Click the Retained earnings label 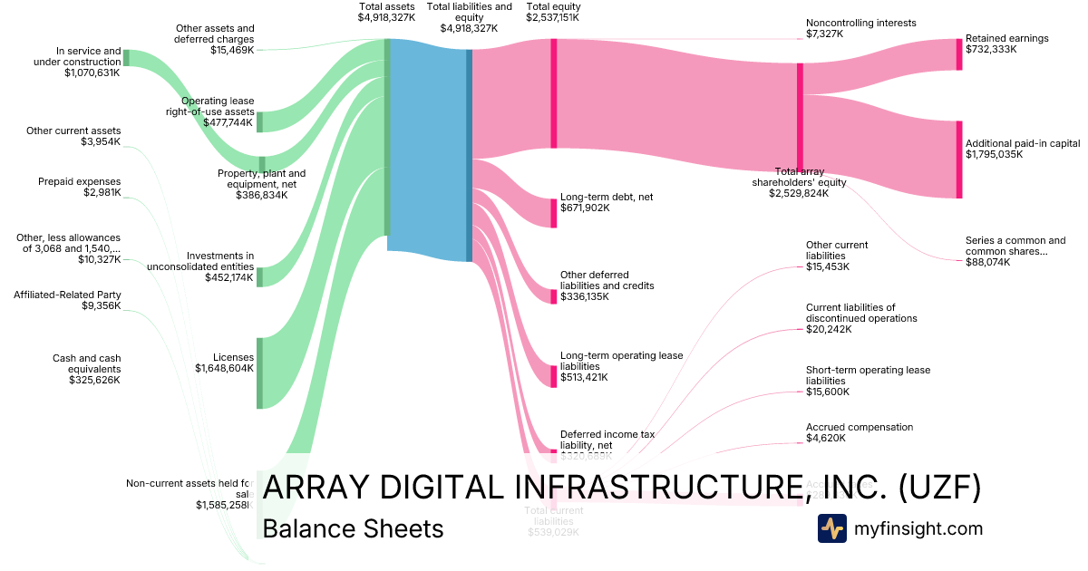pos(1006,39)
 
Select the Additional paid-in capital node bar pos(959,160)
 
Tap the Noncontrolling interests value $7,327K pos(824,34)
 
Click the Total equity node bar pos(553,93)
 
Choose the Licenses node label pos(234,357)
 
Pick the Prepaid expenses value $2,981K pos(102,193)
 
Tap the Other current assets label pos(73,131)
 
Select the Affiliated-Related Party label pos(67,295)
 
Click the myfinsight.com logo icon pos(831,528)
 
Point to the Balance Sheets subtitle pos(353,529)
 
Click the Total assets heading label pos(387,6)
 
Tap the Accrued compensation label pos(860,427)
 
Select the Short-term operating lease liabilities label pos(868,375)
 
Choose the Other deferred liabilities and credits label pos(607,280)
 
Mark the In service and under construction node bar pos(126,58)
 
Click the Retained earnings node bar pos(959,54)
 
